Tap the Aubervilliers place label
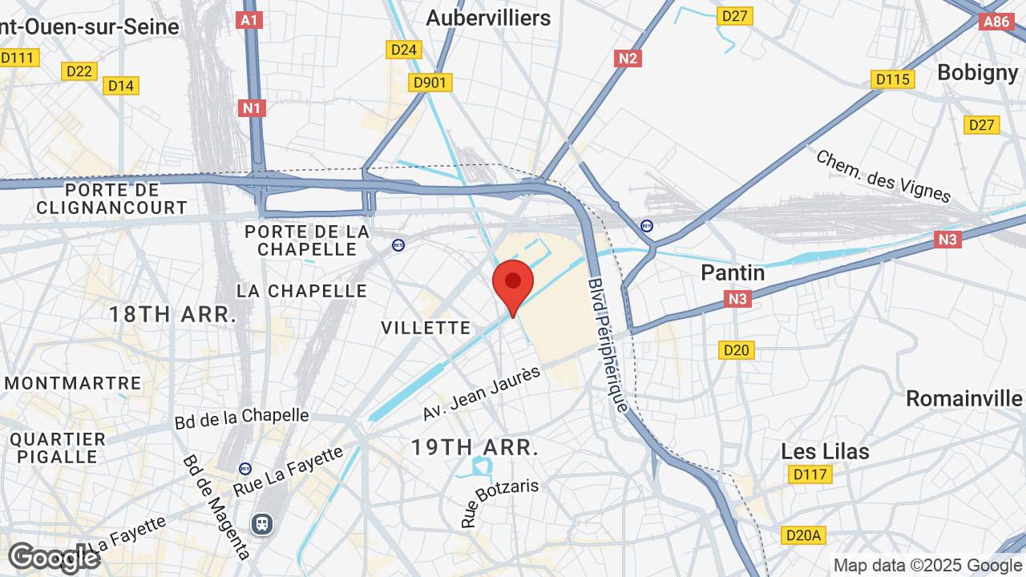[488, 18]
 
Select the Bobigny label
[977, 72]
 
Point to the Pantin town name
[733, 272]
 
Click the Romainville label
[964, 398]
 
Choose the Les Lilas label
[825, 451]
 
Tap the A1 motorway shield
[250, 20]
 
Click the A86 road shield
[996, 22]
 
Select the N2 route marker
[628, 58]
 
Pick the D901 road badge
[431, 83]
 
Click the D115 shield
[893, 79]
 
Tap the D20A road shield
[802, 535]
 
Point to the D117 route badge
[809, 474]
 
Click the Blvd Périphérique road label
[608, 345]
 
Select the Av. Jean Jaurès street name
[478, 395]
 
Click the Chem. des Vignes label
[883, 176]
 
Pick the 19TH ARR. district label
[475, 447]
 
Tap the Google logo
[53, 558]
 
